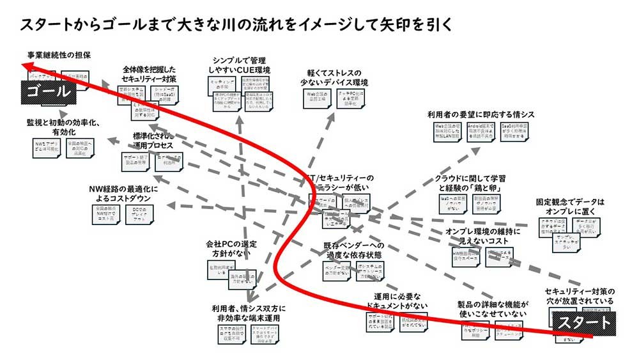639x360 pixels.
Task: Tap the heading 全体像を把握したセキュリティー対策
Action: [149, 74]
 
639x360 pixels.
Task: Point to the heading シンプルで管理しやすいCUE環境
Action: [240, 63]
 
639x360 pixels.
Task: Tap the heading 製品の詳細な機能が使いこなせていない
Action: [492, 308]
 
